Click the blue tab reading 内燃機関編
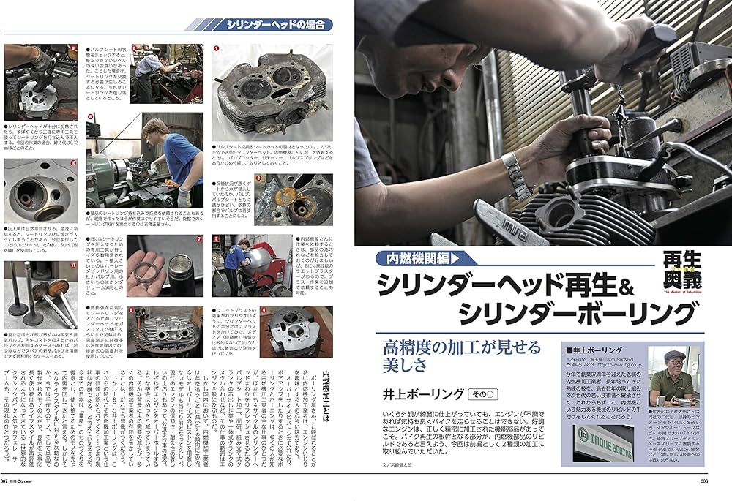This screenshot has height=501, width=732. tap(416, 257)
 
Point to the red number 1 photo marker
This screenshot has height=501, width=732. tap(217, 49)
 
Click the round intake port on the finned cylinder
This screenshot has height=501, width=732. tap(556, 212)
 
